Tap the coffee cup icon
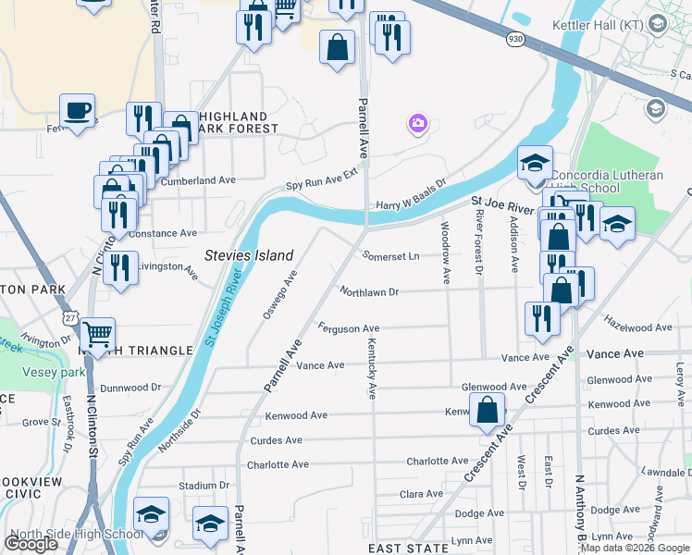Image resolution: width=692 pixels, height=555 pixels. pos(78,111)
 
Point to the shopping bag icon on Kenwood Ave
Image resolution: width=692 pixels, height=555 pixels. pos(487,409)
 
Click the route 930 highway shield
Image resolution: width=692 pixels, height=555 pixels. pos(517,39)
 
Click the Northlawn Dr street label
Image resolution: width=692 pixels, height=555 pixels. pos(368,292)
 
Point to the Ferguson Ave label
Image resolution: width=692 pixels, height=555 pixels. pos(349,328)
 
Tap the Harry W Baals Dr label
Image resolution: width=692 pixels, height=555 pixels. pos(411,196)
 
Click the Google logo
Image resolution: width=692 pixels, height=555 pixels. pos(31,543)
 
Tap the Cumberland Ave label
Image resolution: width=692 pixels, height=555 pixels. pos(198,180)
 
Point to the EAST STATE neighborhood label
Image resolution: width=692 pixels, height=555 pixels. pos(414,549)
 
